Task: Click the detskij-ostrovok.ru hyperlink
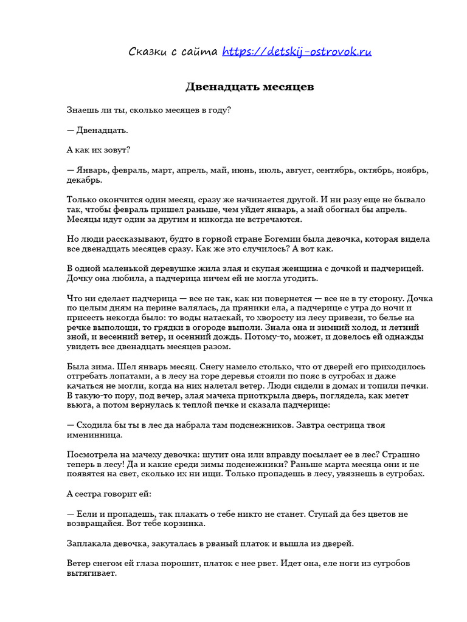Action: point(297,52)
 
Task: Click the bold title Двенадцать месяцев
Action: point(249,87)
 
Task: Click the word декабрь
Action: point(85,180)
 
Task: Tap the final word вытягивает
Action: point(91,573)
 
